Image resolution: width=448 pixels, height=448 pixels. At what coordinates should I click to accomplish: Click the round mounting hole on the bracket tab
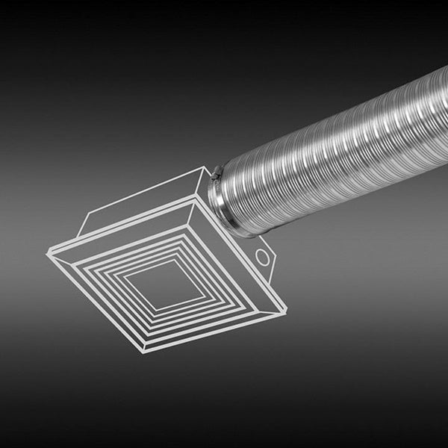(262, 257)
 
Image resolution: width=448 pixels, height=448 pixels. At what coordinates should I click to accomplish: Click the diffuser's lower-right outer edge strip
(217, 333)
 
